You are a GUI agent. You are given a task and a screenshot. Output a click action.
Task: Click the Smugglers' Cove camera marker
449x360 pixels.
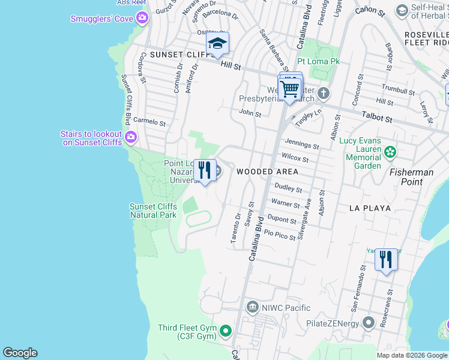(142, 18)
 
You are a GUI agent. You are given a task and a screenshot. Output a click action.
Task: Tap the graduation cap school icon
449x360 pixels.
(217, 43)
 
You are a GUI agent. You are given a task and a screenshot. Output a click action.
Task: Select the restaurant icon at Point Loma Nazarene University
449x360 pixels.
(205, 171)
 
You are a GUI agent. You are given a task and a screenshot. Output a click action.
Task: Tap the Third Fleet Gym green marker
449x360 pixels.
(226, 331)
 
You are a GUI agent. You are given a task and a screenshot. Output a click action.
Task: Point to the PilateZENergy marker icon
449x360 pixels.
(368, 323)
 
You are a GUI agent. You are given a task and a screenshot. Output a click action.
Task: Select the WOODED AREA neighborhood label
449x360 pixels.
(267, 172)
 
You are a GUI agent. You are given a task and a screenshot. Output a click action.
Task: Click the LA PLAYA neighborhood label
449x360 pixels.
(370, 208)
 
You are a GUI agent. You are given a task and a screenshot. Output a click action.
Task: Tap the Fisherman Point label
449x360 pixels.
(412, 177)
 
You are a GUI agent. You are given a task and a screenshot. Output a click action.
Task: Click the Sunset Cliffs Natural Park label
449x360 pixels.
(154, 211)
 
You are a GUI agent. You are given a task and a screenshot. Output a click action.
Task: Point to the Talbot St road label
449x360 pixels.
(377, 119)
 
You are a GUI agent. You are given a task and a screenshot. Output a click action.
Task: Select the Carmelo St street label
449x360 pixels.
(149, 122)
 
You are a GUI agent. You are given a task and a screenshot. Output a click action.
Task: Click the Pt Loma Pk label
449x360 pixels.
(318, 62)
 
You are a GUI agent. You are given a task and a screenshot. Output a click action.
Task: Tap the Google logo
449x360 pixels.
(20, 353)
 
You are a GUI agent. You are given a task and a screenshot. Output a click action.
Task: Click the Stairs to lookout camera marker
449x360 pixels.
(130, 139)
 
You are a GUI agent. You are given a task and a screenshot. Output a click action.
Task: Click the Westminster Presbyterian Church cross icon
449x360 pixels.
(324, 93)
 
